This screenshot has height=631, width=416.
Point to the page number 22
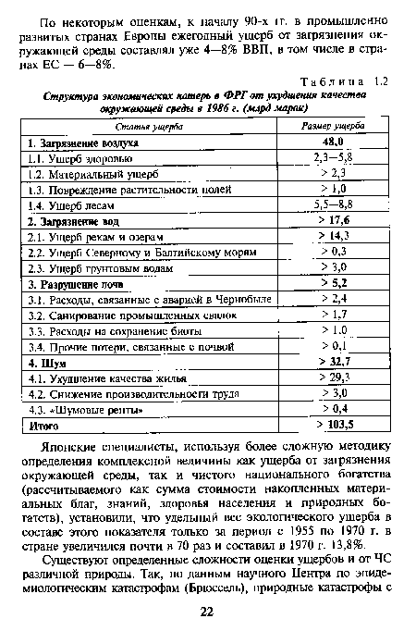[x=207, y=613]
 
